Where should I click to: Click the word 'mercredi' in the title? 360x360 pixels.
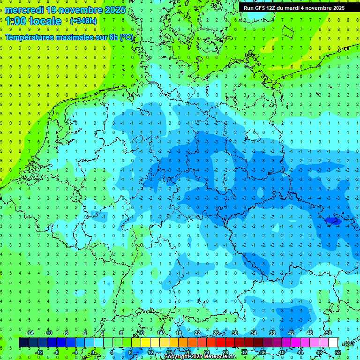(24, 10)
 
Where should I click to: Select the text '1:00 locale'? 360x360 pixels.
(33, 21)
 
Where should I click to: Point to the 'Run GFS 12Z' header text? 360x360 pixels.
(260, 8)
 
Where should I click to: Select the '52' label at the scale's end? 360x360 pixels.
(338, 352)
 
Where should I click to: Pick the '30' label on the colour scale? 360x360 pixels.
(234, 333)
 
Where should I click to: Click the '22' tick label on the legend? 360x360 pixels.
(197, 333)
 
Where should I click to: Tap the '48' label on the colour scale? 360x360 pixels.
(319, 352)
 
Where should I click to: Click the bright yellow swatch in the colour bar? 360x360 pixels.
(155, 343)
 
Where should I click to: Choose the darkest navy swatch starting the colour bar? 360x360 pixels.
(23, 343)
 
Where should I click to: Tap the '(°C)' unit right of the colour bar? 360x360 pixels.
(348, 343)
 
